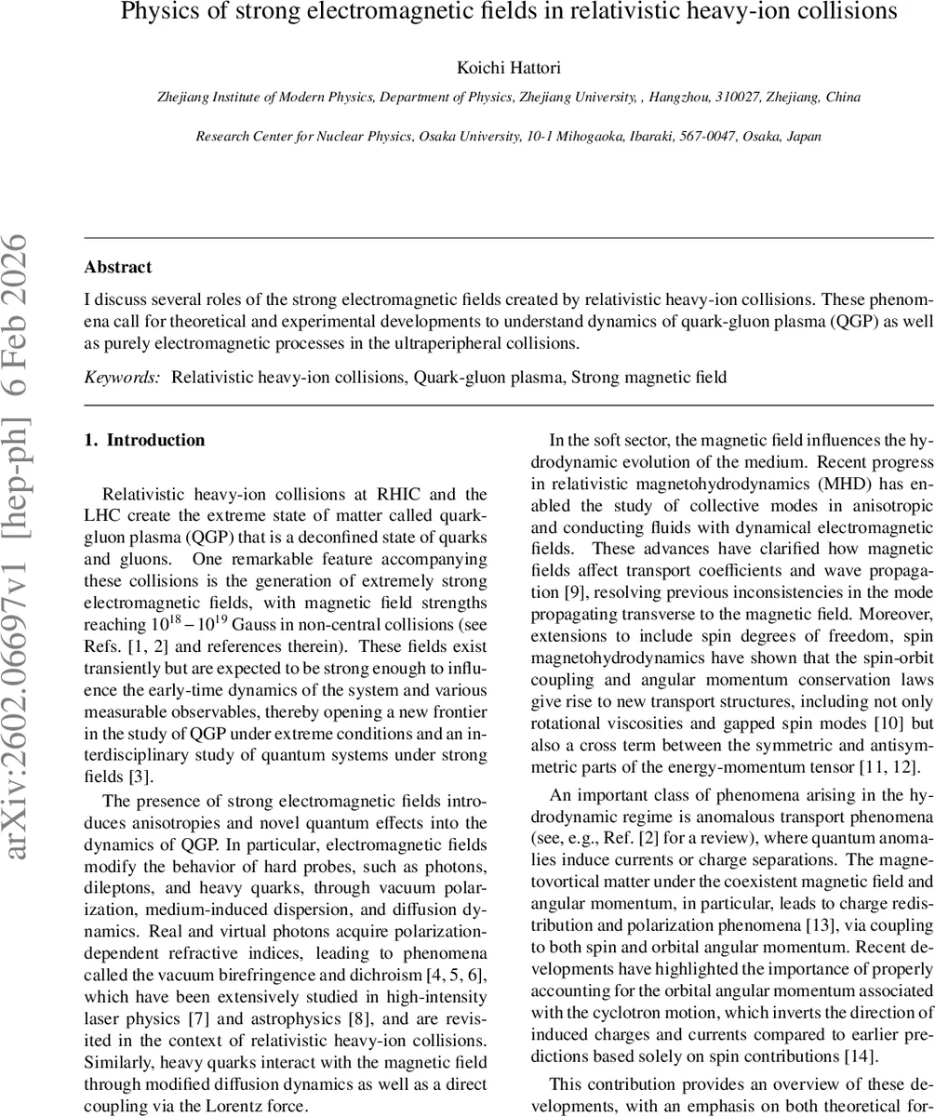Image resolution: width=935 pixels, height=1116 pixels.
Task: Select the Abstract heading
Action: [118, 267]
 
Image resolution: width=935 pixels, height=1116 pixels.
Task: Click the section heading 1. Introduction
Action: [144, 440]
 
